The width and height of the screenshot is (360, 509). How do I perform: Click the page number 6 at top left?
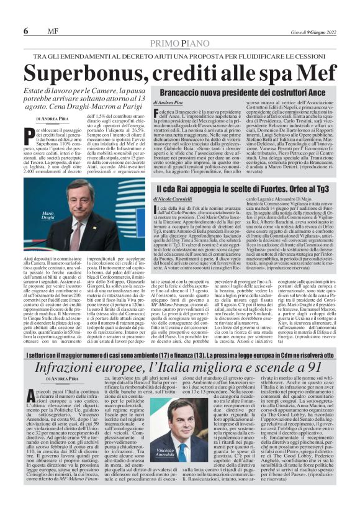point(25,31)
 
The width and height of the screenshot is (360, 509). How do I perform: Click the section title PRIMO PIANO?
point(179,42)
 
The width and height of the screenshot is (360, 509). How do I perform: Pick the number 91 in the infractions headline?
point(322,367)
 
